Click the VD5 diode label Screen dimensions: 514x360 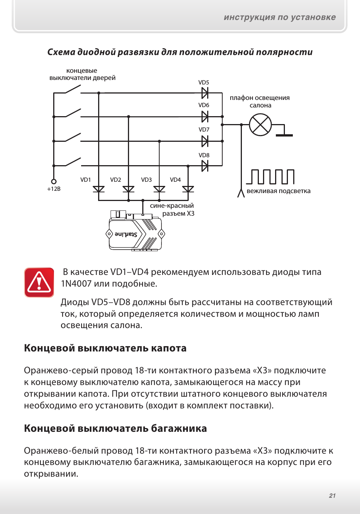tap(203, 83)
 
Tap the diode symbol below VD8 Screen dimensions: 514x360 tap(205, 166)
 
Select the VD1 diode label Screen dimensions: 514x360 tap(86, 180)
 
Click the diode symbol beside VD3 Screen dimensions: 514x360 tap(159, 189)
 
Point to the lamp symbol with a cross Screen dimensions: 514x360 tap(260, 125)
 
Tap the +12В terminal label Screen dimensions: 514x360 tap(54, 189)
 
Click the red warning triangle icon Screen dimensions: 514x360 tap(39, 282)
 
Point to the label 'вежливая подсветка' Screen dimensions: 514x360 tap(278, 191)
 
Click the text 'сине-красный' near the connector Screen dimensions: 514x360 tap(172, 206)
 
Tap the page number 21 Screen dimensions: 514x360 tap(332, 496)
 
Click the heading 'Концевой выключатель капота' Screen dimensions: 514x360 tap(105, 348)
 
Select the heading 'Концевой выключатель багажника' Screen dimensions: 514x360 tap(115, 428)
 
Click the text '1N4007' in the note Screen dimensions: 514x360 tap(76, 284)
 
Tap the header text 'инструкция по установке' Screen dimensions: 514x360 tap(280, 17)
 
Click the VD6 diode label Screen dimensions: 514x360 tap(203, 105)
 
